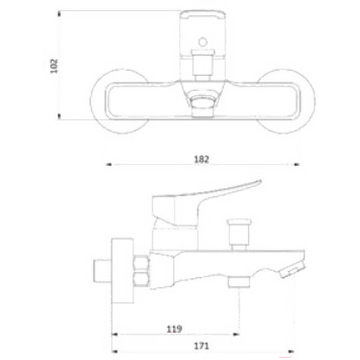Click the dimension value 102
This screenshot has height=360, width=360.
point(54,66)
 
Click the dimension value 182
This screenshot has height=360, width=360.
point(202,160)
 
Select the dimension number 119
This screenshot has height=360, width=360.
point(174,329)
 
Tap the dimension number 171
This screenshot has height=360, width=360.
point(202,346)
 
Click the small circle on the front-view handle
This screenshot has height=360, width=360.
point(203,42)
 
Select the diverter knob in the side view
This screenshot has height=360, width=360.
point(239,232)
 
